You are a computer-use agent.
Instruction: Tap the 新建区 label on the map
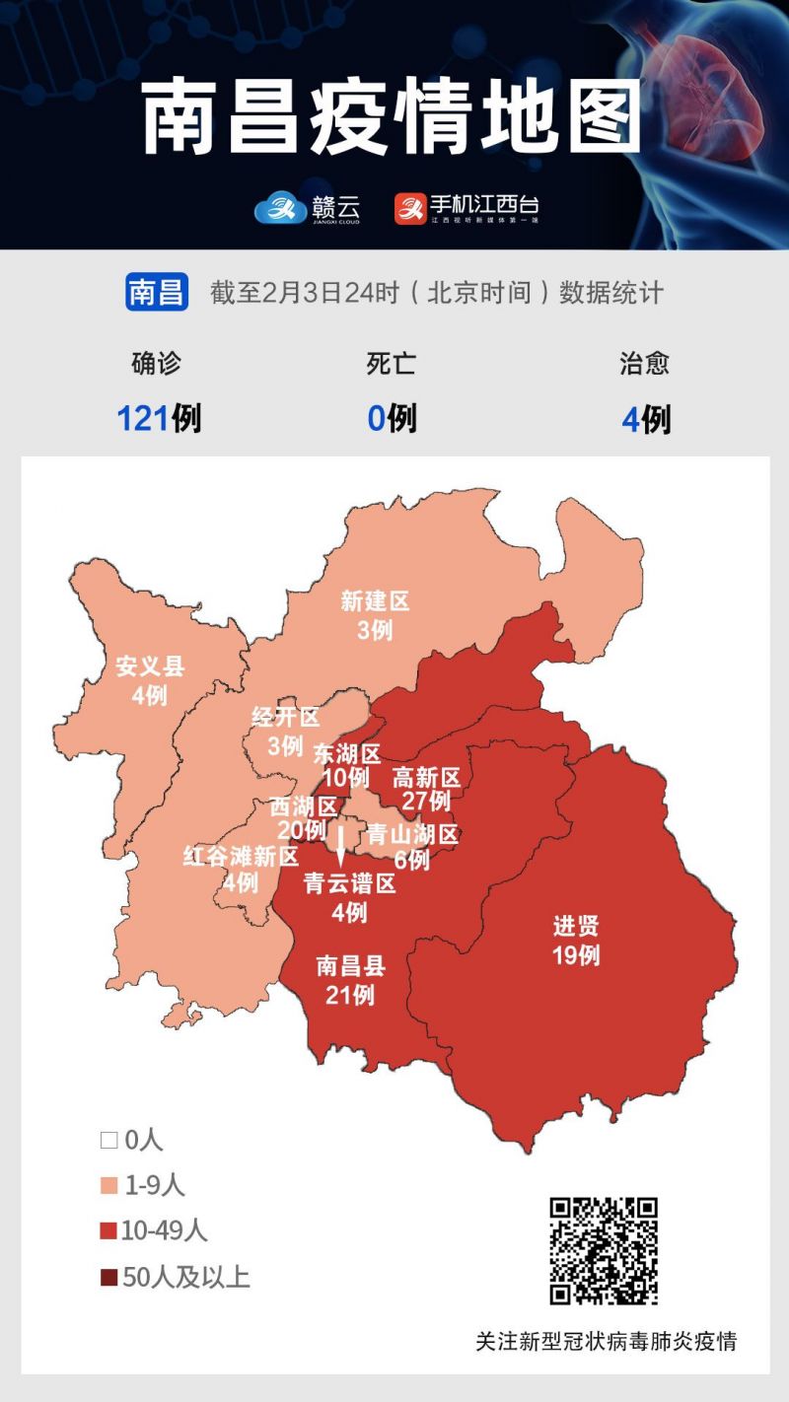tap(375, 600)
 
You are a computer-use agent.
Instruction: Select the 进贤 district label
tap(576, 927)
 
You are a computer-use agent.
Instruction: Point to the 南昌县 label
tap(351, 966)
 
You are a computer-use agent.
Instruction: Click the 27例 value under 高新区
tap(426, 801)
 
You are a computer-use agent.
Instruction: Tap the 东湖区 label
tap(347, 754)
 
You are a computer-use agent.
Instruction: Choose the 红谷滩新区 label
tap(241, 856)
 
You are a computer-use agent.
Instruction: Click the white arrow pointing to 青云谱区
tap(340, 844)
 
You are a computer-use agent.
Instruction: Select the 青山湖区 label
tap(412, 835)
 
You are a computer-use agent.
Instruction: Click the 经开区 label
tap(286, 717)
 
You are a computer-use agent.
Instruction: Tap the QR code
tap(604, 1251)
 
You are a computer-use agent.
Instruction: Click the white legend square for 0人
tap(108, 1142)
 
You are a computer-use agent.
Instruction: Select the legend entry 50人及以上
tap(176, 1278)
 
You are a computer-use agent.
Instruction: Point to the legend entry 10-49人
tap(154, 1230)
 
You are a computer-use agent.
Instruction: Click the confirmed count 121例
tap(159, 418)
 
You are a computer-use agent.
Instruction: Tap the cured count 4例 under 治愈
tap(646, 419)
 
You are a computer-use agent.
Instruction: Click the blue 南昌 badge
tap(157, 293)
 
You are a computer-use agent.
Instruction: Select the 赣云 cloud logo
tap(280, 208)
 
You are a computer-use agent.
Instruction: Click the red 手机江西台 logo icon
tap(409, 208)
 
